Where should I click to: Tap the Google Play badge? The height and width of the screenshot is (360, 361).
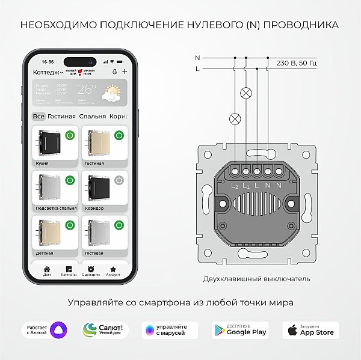239,330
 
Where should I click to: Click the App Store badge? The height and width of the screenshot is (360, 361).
310,330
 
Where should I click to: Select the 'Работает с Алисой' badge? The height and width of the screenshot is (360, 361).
45,330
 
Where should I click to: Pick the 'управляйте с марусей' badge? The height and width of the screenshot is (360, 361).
170,330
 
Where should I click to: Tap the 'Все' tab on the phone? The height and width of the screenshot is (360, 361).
39,117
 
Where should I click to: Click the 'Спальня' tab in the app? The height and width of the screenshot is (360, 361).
92,117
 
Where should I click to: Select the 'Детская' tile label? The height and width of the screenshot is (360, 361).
45,253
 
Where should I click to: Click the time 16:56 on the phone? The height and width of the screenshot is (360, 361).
48,62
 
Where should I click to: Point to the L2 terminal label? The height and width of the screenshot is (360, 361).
235,186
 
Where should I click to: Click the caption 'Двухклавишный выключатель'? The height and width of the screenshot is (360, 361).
256,279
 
